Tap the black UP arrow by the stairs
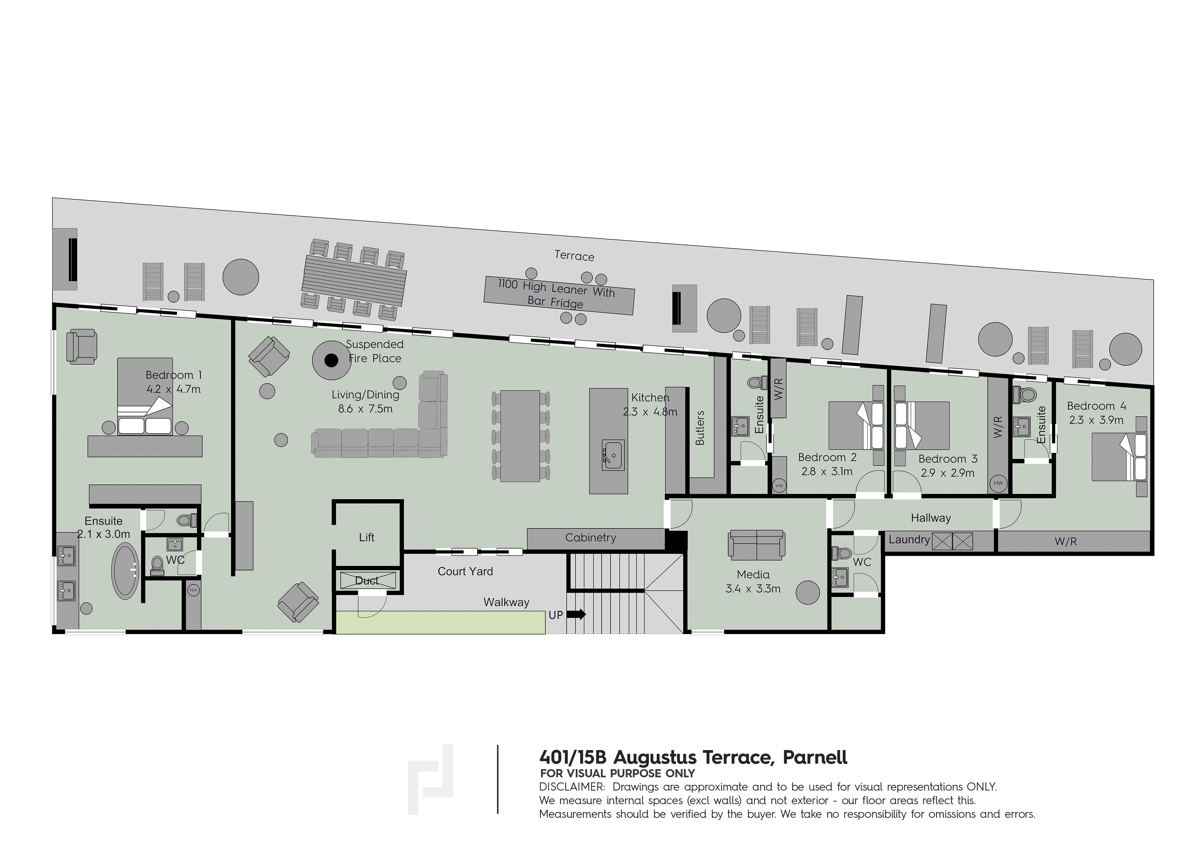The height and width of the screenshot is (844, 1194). coord(576,614)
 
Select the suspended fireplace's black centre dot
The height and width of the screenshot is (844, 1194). coord(331,360)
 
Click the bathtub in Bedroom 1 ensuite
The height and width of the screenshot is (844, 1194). coord(125,570)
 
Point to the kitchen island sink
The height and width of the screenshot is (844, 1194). coord(614,455)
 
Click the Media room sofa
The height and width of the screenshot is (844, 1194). coord(756,545)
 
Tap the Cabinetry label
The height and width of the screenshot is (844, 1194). coord(590,538)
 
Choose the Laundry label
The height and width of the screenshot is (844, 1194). coord(909,540)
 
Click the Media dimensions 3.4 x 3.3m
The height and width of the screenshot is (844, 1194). coord(753,589)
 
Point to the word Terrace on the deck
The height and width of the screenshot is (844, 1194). coord(574,256)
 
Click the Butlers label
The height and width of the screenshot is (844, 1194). coord(700,427)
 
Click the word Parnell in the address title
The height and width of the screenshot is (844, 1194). coord(815,757)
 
